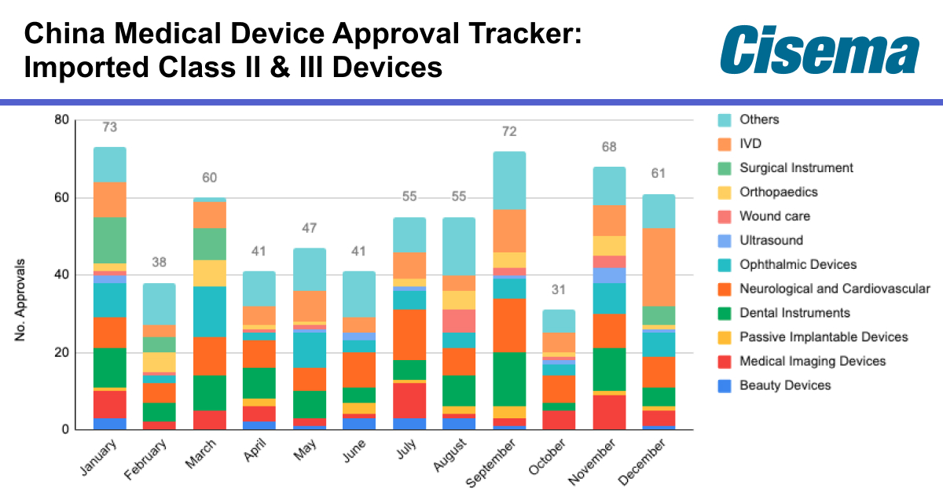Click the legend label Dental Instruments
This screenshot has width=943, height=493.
point(795,313)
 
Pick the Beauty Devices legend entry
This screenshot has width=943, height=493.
point(785,385)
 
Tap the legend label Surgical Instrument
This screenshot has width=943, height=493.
point(796,168)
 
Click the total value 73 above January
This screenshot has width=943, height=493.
point(110,127)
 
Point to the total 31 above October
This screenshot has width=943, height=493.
point(559,290)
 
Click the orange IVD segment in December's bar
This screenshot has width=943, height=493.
point(659,267)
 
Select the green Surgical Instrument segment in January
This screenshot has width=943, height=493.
point(110,240)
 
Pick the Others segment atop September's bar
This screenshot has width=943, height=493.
point(509,180)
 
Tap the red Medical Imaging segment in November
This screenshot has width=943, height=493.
point(610,412)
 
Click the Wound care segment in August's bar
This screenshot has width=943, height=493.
point(459,321)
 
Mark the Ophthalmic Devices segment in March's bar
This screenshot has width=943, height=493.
point(209,312)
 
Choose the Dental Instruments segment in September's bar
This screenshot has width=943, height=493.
point(509,379)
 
